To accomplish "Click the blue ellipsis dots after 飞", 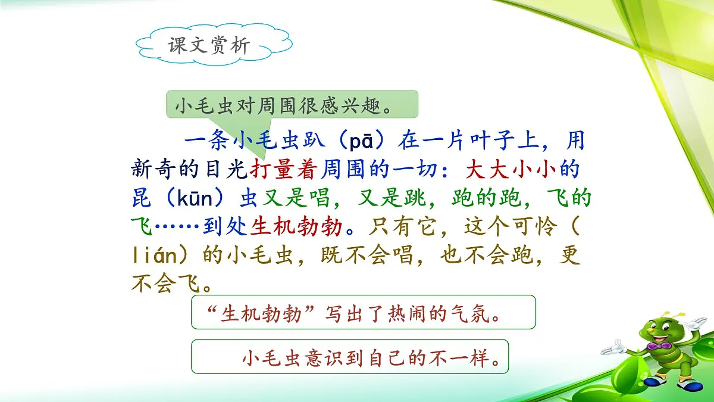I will (x=174, y=227).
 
